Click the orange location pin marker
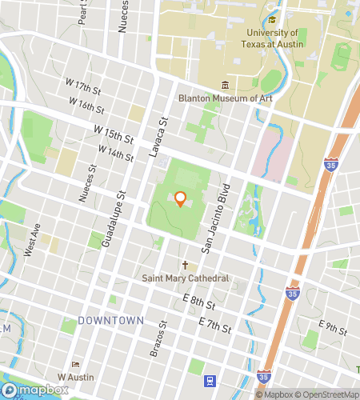point(181,198)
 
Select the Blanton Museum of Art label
point(225,98)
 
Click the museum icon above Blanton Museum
point(225,85)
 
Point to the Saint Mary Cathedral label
point(186,278)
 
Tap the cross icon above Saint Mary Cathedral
point(185,265)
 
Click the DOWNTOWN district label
point(111,321)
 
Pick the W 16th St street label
point(86,105)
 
